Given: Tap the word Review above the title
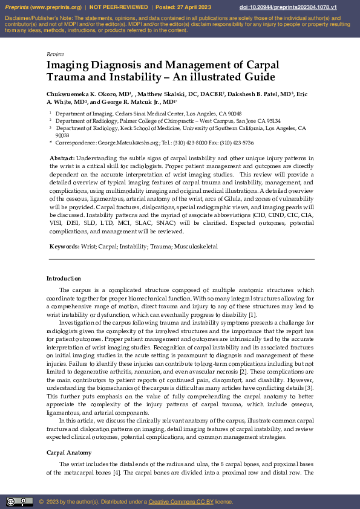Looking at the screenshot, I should point(55,54).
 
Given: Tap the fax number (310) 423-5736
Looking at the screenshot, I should point(240,143).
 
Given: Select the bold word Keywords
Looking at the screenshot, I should point(64,247).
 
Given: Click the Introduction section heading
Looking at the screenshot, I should point(64,279).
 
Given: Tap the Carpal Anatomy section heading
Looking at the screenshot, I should point(69,453).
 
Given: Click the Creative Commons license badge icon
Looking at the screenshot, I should point(19,501).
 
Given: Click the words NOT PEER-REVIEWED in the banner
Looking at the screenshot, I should point(118,7).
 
